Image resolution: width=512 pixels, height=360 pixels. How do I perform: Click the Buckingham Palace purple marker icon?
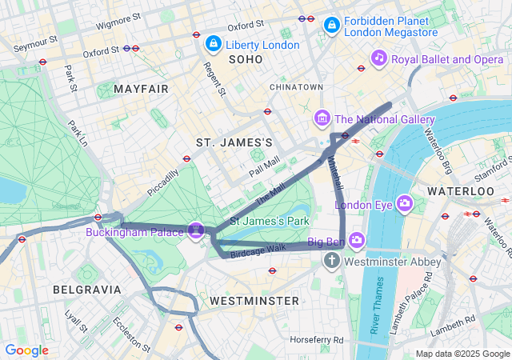tap(197, 230)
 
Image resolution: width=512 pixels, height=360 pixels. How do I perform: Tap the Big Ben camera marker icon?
tap(356, 239)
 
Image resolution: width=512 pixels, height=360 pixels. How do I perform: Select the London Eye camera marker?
tap(404, 203)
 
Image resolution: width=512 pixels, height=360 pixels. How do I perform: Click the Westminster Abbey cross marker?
tap(333, 261)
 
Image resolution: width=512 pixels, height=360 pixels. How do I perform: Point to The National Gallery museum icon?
tap(322, 119)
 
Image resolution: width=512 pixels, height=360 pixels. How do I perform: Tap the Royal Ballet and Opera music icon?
tap(379, 58)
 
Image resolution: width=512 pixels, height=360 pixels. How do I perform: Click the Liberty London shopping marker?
tap(214, 43)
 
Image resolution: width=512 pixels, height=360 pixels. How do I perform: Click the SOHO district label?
tap(245, 60)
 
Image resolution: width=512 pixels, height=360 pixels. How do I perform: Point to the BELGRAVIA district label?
tap(87, 289)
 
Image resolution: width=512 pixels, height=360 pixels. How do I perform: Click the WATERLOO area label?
tap(460, 191)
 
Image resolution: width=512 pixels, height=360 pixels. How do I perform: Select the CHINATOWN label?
tap(296, 86)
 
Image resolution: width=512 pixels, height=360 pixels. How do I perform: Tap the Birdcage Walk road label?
tap(258, 249)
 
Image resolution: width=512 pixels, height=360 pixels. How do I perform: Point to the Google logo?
tap(26, 350)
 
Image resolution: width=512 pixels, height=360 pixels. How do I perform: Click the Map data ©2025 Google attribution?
tap(462, 354)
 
